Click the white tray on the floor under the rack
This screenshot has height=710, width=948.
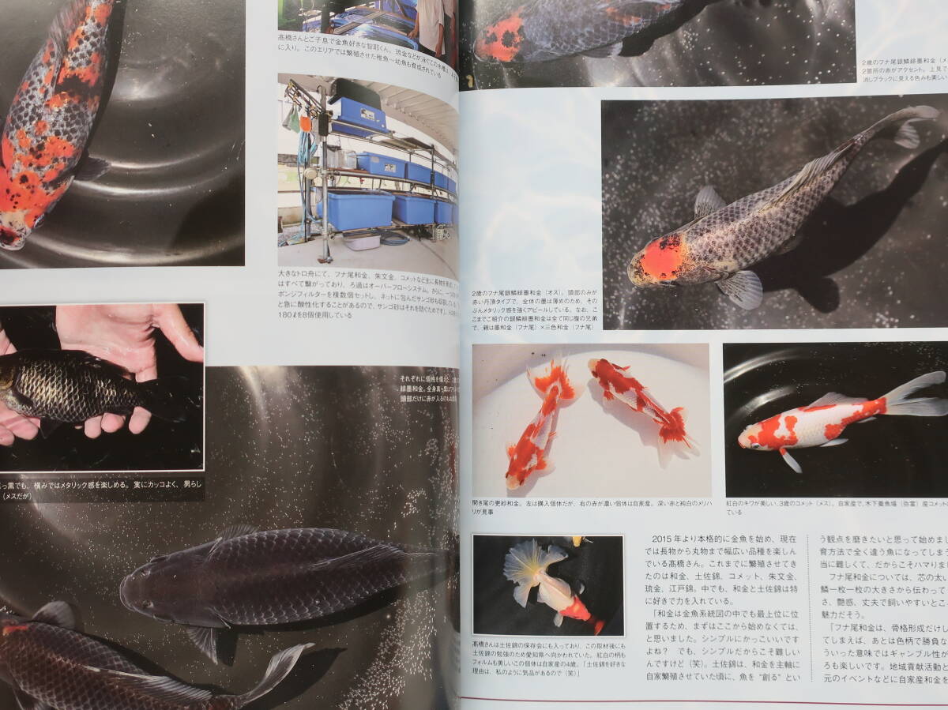tap(362, 240)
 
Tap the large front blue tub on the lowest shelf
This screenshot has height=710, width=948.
tap(356, 209)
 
